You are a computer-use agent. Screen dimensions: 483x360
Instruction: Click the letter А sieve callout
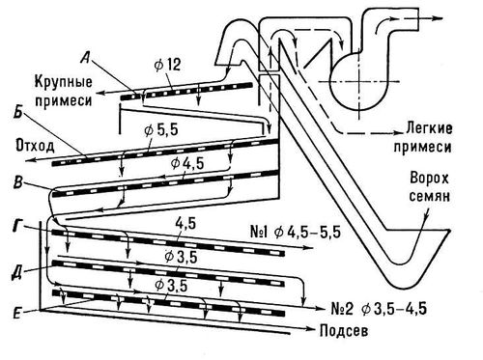pos(85,59)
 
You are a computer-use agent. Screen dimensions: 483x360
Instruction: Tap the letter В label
pos(17,182)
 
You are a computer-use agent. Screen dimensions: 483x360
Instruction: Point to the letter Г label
pos(17,226)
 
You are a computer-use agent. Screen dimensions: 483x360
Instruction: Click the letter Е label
pos(16,313)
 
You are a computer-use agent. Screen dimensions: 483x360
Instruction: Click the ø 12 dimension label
pos(168,66)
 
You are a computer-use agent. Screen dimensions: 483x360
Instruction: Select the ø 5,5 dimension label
pos(161,130)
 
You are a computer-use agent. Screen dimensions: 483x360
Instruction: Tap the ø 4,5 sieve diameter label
pos(187,163)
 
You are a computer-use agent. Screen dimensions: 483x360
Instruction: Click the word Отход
pos(35,146)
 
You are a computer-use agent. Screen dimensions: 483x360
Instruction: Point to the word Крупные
pos(64,81)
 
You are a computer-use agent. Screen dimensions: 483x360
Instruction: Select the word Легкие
pos(429,128)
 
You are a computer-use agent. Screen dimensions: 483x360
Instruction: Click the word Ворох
pos(429,178)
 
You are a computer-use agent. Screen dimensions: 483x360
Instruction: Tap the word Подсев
pos(344,331)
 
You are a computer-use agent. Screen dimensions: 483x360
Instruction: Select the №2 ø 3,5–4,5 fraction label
pos(379,309)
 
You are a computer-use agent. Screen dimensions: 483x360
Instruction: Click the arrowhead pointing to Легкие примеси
pos(398,133)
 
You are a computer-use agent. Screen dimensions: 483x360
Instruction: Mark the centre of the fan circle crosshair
pos(359,81)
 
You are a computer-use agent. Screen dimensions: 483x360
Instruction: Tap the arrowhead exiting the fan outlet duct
pos(439,18)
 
